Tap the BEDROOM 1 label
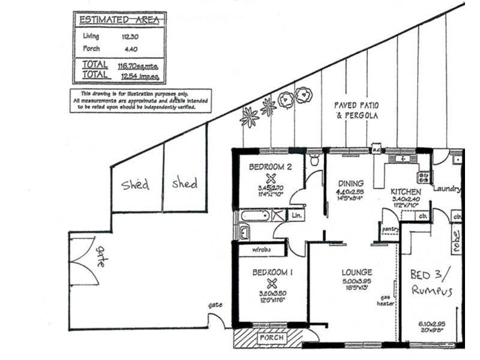coord(272,272)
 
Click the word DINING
coord(350,184)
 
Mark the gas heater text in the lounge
coord(383,301)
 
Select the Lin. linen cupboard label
coord(296,214)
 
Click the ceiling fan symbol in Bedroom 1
coord(271,283)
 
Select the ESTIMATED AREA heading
coord(119,20)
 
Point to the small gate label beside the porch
coord(215,305)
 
